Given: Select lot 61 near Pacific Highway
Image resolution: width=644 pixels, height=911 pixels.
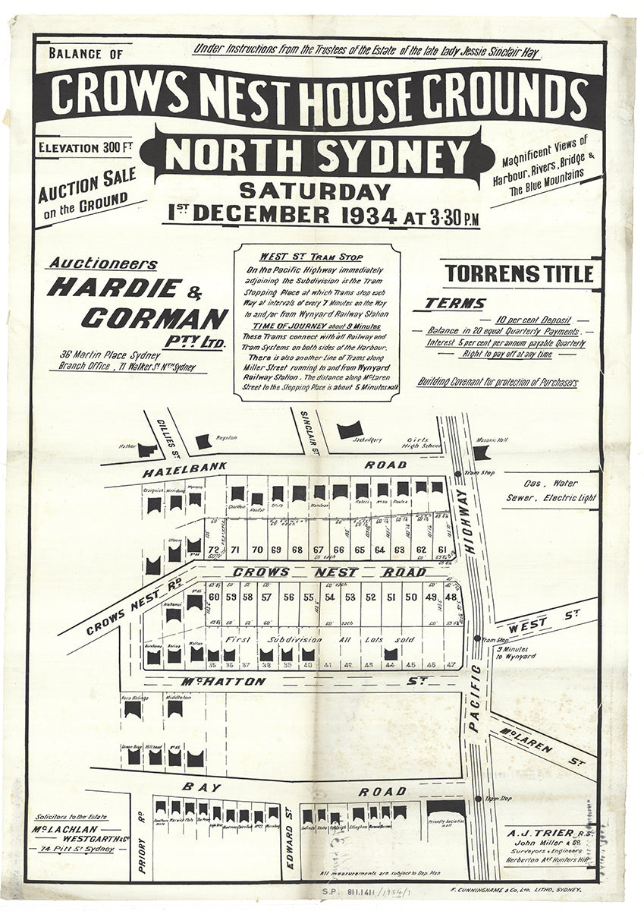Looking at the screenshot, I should pyautogui.click(x=442, y=550).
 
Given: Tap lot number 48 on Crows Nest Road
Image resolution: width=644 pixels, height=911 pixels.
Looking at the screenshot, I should pyautogui.click(x=451, y=597).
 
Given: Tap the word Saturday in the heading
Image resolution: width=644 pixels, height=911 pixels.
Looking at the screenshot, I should pyautogui.click(x=315, y=191).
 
